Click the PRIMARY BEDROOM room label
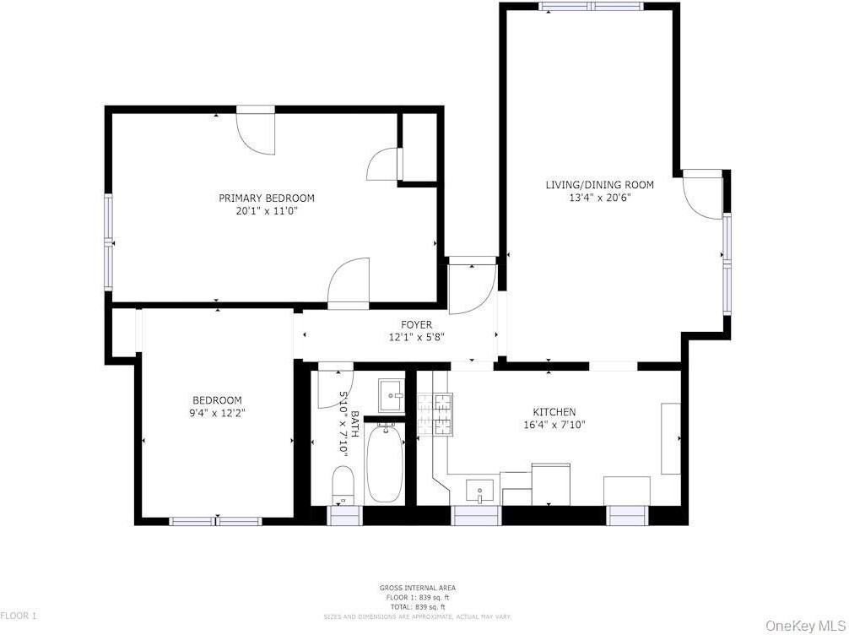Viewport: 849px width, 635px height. click(x=266, y=198)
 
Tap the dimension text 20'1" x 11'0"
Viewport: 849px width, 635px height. click(x=266, y=211)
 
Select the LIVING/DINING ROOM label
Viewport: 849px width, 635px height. click(x=599, y=184)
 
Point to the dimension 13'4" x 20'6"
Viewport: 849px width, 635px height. click(x=599, y=198)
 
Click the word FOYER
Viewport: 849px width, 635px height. click(x=416, y=324)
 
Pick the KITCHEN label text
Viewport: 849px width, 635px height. click(x=555, y=412)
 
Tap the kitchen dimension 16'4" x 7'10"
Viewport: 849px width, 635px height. click(x=555, y=425)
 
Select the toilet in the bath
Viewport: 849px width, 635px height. click(x=343, y=484)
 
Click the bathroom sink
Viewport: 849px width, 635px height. click(x=391, y=390)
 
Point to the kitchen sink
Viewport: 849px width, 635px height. click(x=480, y=490)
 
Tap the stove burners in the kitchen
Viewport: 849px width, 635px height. click(x=435, y=414)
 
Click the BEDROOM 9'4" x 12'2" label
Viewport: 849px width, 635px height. click(x=217, y=407)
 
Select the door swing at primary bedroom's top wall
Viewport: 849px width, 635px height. click(x=256, y=131)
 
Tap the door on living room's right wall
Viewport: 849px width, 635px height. click(x=702, y=194)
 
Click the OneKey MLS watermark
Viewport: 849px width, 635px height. click(x=804, y=626)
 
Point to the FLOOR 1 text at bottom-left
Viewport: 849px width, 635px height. click(x=19, y=616)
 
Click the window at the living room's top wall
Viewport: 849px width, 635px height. click(x=592, y=7)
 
